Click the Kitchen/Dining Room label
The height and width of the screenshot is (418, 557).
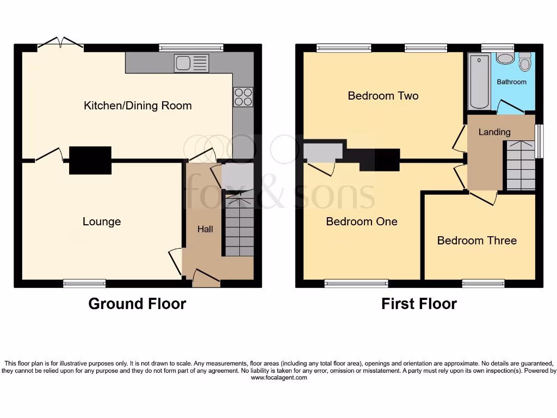(x=138, y=106)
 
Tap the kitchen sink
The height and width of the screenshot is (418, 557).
(x=191, y=64)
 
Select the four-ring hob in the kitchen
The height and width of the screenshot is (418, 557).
(x=243, y=97)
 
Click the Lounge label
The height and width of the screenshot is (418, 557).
(x=102, y=222)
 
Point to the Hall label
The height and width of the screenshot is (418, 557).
(x=205, y=230)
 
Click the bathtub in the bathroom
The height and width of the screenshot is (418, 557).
(x=480, y=81)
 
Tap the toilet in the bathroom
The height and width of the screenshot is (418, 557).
(x=525, y=62)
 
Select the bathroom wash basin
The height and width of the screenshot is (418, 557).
(x=505, y=59)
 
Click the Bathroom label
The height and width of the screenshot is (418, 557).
(x=511, y=82)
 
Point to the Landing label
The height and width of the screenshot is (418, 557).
(x=494, y=132)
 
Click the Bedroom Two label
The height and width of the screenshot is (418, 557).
(x=383, y=96)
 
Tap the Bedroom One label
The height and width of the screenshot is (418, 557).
(x=362, y=222)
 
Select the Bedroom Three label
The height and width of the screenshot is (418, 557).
(x=476, y=241)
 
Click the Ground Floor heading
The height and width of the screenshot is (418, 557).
(x=137, y=304)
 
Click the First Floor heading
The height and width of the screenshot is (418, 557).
(x=419, y=304)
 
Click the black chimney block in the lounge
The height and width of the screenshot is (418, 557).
(x=90, y=160)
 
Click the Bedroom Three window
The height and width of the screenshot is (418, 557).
(x=483, y=283)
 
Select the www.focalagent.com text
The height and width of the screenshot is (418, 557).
(x=278, y=378)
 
